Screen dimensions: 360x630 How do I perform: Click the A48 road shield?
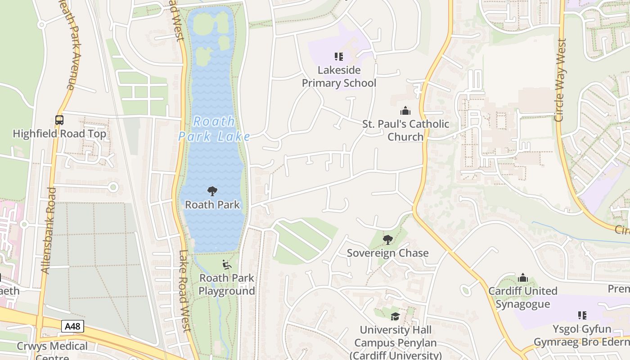(72, 326)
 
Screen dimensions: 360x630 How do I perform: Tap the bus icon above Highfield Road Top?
(59, 120)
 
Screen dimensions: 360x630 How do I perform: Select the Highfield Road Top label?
(59, 134)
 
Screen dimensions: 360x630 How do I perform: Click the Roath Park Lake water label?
(214, 129)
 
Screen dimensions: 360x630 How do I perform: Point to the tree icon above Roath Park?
(212, 191)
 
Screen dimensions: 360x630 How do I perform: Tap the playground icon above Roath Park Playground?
(227, 265)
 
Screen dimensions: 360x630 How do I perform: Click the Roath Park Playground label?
(227, 284)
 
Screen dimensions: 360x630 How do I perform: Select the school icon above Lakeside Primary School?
(339, 57)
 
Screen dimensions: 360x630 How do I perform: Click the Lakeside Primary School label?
(339, 76)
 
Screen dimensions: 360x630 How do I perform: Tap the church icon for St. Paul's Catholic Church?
(405, 111)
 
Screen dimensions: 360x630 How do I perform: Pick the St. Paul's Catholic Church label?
(405, 130)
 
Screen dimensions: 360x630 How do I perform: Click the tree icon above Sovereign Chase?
(387, 239)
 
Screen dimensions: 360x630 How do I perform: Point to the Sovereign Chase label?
(387, 253)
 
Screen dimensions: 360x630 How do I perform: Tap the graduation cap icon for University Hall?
(395, 316)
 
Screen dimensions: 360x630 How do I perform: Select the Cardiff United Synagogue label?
(523, 297)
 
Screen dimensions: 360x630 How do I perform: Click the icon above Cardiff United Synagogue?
(523, 277)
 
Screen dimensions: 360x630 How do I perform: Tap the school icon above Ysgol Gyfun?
(582, 315)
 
